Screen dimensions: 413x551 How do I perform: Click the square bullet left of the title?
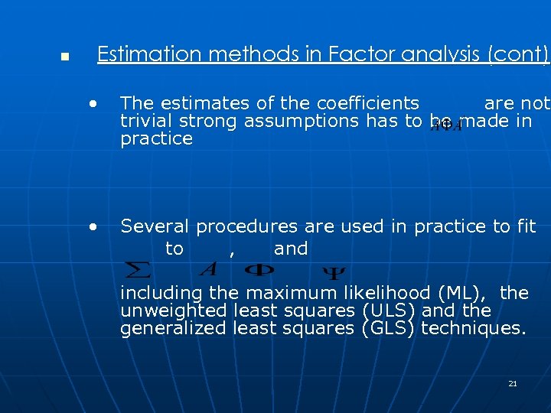pyautogui.click(x=65, y=57)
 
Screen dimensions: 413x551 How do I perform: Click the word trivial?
pyautogui.click(x=146, y=121)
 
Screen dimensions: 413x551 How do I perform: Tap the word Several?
pyautogui.click(x=155, y=226)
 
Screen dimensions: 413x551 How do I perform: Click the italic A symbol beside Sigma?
pyautogui.click(x=207, y=269)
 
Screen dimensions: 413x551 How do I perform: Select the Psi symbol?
pyautogui.click(x=331, y=272)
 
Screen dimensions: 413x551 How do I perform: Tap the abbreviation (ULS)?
pyautogui.click(x=388, y=311)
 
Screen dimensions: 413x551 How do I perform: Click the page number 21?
pyautogui.click(x=513, y=383)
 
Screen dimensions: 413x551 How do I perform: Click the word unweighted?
pyautogui.click(x=174, y=311)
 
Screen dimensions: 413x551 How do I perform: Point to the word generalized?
pyautogui.click(x=173, y=329)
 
